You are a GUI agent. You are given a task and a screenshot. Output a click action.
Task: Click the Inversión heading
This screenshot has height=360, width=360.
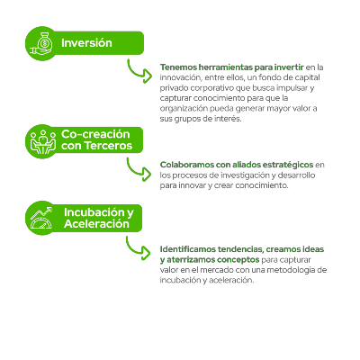(86, 43)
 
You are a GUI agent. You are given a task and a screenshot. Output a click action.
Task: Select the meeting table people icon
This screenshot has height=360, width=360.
(43, 141)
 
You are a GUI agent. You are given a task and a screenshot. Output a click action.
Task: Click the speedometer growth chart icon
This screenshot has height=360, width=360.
(41, 218)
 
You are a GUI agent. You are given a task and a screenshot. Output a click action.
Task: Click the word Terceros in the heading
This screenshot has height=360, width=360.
(108, 146)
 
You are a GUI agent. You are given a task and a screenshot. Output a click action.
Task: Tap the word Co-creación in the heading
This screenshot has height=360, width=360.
(95, 134)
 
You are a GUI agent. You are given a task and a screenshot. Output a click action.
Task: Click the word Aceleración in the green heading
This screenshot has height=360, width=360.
(96, 224)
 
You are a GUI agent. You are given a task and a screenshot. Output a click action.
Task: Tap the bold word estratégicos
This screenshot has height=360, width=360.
(288, 165)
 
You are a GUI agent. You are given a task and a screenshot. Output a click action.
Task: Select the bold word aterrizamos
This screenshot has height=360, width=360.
(191, 259)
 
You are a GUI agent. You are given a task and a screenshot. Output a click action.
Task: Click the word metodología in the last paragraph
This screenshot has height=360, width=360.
(292, 270)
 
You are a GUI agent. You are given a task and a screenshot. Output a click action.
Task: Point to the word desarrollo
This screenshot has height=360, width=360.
(296, 175)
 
